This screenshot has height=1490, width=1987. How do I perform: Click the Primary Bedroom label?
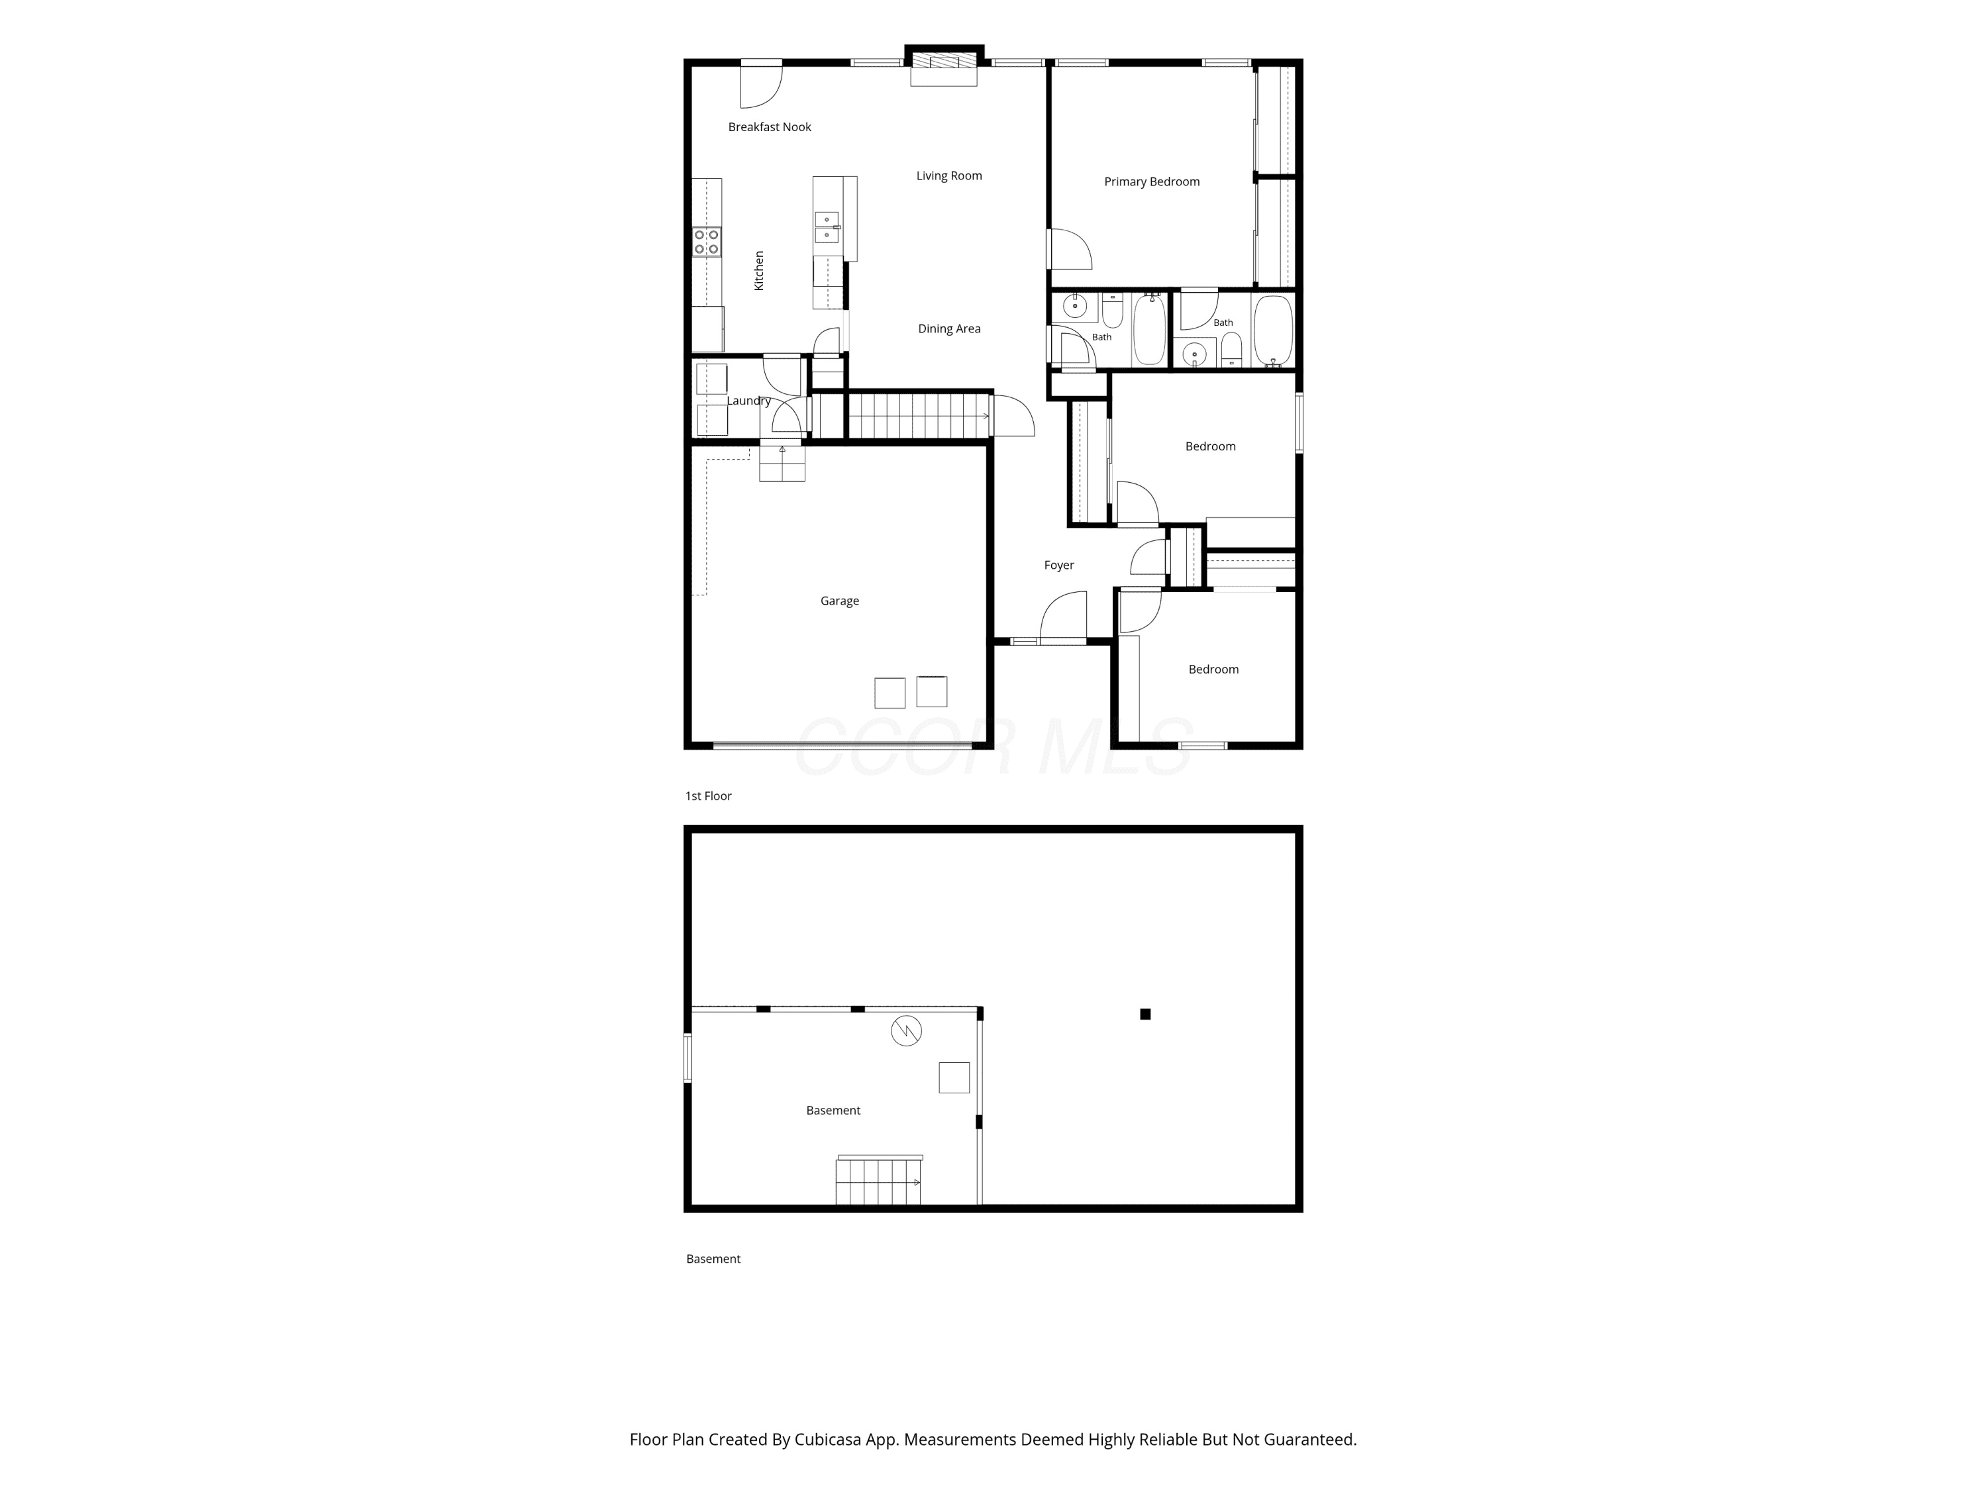click(x=1152, y=181)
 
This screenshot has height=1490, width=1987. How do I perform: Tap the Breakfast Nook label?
click(x=769, y=126)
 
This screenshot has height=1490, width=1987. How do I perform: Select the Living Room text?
click(x=948, y=175)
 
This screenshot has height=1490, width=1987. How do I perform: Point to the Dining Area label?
click(x=948, y=328)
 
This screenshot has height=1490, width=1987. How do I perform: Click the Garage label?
click(x=839, y=601)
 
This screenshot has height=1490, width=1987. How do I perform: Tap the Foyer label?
click(x=1058, y=565)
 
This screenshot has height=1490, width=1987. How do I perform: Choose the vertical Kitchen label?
click(x=758, y=270)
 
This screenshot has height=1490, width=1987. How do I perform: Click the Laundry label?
click(x=748, y=401)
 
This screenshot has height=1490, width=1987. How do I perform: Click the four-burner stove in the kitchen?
click(x=707, y=242)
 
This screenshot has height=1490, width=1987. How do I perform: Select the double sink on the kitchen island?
click(x=827, y=227)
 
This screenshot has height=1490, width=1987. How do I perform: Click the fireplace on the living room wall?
click(x=943, y=65)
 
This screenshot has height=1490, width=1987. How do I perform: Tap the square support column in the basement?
click(x=1145, y=1014)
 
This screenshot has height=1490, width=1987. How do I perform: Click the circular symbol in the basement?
click(x=906, y=1031)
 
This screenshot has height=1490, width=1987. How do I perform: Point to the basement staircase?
click(x=878, y=1180)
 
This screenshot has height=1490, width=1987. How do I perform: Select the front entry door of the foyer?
click(x=1064, y=617)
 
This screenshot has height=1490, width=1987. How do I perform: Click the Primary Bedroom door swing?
click(x=1070, y=249)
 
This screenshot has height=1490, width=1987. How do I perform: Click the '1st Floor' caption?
click(x=708, y=796)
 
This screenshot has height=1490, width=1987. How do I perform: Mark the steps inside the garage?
click(x=782, y=461)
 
